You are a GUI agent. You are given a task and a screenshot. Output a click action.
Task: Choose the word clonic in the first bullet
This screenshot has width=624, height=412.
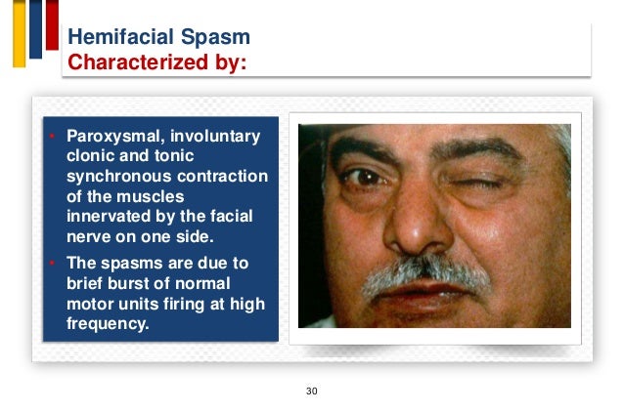(90, 155)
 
